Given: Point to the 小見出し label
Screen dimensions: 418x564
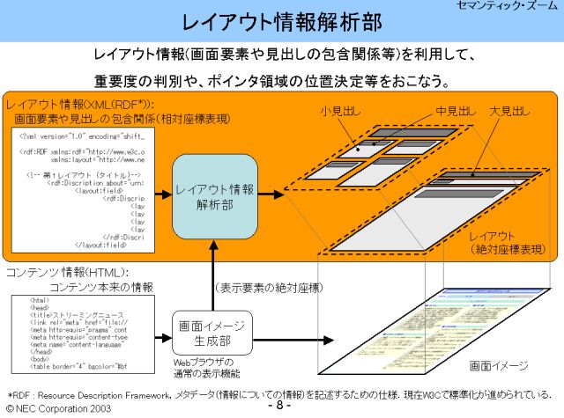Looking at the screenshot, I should tap(338, 112).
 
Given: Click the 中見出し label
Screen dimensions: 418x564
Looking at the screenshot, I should tap(456, 112).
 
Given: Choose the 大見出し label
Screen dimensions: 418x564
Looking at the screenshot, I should tap(510, 112).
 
